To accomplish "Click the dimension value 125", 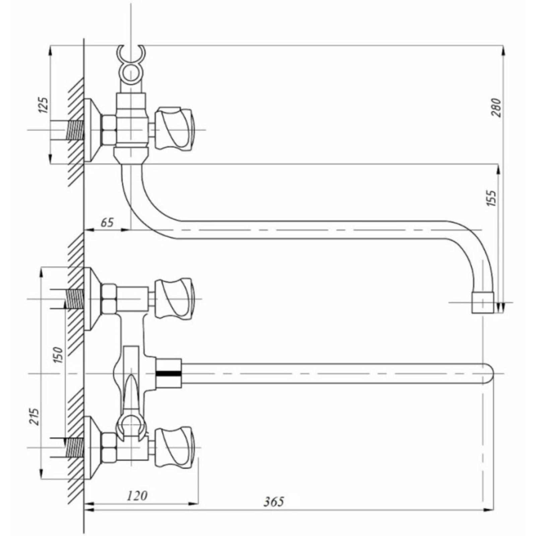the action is (x=43, y=105).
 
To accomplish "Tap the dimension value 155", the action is (x=491, y=198).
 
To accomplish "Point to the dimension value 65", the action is (x=107, y=222).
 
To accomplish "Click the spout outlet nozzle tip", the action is (x=483, y=303).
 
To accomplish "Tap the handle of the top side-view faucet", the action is (x=174, y=129).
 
